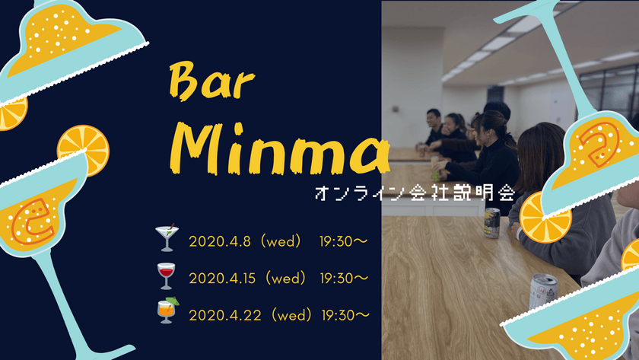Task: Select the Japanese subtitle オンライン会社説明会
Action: tap(414, 193)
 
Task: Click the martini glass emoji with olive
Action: tap(165, 238)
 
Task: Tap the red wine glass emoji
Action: tap(165, 276)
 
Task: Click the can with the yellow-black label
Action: tap(492, 222)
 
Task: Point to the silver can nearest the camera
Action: tap(542, 293)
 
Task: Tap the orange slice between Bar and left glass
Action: tap(83, 149)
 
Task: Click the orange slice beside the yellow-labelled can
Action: tap(544, 215)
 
